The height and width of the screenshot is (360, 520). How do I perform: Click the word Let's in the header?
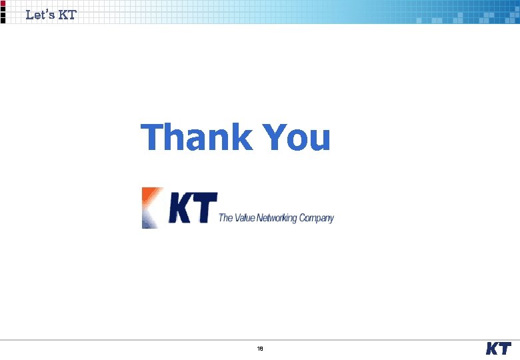coord(39,14)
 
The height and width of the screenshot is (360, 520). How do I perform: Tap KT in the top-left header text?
coord(67,14)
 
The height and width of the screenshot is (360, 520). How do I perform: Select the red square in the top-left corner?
coord(3,3)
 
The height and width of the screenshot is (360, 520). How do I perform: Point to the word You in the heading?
coord(297,137)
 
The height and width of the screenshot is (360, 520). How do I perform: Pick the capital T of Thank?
coord(153,137)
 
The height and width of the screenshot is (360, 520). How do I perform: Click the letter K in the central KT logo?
coord(181,208)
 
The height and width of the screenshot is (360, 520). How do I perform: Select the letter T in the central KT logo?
coord(206,208)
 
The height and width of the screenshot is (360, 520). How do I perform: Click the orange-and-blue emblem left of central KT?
coord(153,208)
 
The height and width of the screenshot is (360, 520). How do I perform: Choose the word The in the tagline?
coord(226,217)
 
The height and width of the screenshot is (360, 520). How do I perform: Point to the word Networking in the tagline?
coord(277,217)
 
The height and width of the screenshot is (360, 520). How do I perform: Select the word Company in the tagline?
coord(317,217)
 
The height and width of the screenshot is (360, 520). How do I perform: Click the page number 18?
coord(260,349)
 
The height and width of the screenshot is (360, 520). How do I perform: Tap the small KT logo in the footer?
coord(498,349)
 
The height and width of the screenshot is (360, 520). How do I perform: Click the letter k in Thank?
coord(241,137)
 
